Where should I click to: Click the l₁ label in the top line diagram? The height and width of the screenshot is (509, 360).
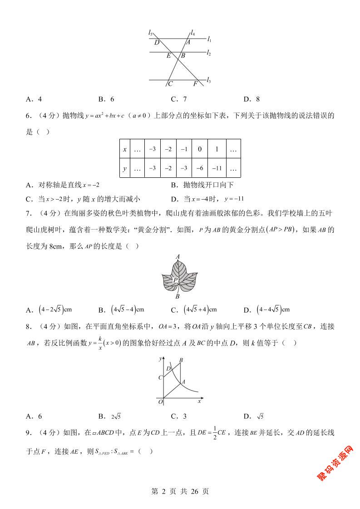[209, 40]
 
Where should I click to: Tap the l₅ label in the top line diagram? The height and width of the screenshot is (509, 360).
[150, 32]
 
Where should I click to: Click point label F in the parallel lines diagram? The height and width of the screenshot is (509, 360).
[195, 84]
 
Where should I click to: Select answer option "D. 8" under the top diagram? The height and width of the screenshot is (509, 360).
[252, 99]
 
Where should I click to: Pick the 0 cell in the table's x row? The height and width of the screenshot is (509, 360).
[200, 149]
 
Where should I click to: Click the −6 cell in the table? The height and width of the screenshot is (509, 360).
[200, 168]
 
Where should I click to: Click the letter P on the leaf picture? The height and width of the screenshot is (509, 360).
[175, 280]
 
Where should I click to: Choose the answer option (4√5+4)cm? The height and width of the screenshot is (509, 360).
[194, 310]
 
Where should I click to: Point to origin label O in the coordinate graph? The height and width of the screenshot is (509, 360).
[160, 401]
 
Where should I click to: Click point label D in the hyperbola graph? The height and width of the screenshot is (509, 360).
[168, 369]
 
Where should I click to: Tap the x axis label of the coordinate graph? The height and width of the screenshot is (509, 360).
[200, 401]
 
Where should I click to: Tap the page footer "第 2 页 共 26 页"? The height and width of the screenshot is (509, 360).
[180, 491]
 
